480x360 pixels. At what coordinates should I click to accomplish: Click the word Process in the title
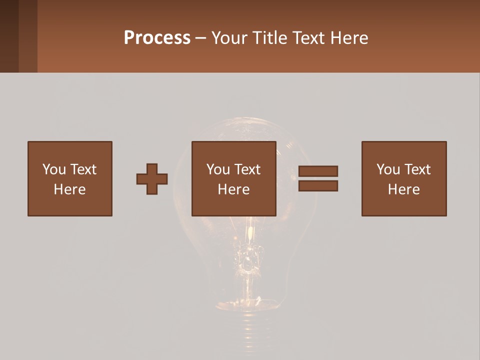click(157, 38)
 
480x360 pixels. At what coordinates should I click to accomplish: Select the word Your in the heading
click(230, 38)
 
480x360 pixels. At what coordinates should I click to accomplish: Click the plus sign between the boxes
click(152, 179)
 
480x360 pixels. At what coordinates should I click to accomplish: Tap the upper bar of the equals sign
click(318, 171)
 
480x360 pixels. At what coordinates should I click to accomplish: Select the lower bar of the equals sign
click(318, 186)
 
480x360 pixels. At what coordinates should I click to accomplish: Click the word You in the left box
click(54, 169)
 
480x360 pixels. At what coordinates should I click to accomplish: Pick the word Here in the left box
click(70, 189)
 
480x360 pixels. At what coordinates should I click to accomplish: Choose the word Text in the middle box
click(247, 169)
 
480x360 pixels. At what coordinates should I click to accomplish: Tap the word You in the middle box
click(218, 169)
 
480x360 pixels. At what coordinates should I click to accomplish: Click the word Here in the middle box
click(234, 189)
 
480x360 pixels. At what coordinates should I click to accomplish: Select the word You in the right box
click(388, 169)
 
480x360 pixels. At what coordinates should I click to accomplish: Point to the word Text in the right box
click(417, 169)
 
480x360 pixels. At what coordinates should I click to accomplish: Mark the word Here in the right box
click(404, 189)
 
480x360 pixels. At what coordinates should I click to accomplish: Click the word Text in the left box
click(83, 169)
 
